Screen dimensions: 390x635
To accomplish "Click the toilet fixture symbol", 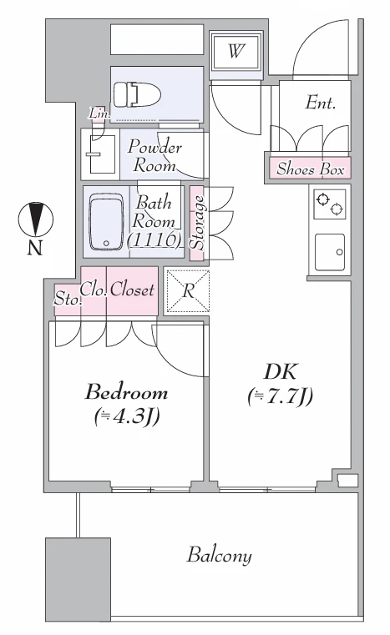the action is [137, 94].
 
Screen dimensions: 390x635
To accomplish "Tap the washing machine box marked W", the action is [236, 52].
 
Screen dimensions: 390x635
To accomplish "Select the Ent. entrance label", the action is [321, 103].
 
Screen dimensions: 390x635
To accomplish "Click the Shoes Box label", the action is [311, 169].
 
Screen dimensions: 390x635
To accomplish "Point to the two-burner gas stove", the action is [330, 204].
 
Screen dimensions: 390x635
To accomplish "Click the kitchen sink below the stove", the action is [330, 252].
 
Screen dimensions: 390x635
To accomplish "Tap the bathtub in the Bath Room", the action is [106, 222].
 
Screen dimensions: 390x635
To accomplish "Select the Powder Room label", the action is [154, 156].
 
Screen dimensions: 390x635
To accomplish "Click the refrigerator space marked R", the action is [188, 291].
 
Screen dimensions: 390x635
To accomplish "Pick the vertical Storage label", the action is [197, 222].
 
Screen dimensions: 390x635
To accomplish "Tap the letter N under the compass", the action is [35, 248].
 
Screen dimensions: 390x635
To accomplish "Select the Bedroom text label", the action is [126, 392].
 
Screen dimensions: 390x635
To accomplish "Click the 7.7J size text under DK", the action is [280, 396].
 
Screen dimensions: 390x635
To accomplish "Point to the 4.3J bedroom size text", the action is [126, 416].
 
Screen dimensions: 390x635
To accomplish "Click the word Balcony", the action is [220, 555].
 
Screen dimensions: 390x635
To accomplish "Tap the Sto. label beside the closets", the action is [68, 300].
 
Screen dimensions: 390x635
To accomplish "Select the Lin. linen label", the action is [99, 113].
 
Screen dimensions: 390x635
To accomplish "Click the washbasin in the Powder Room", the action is [100, 154].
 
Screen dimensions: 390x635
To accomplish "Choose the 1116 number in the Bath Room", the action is [154, 239].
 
